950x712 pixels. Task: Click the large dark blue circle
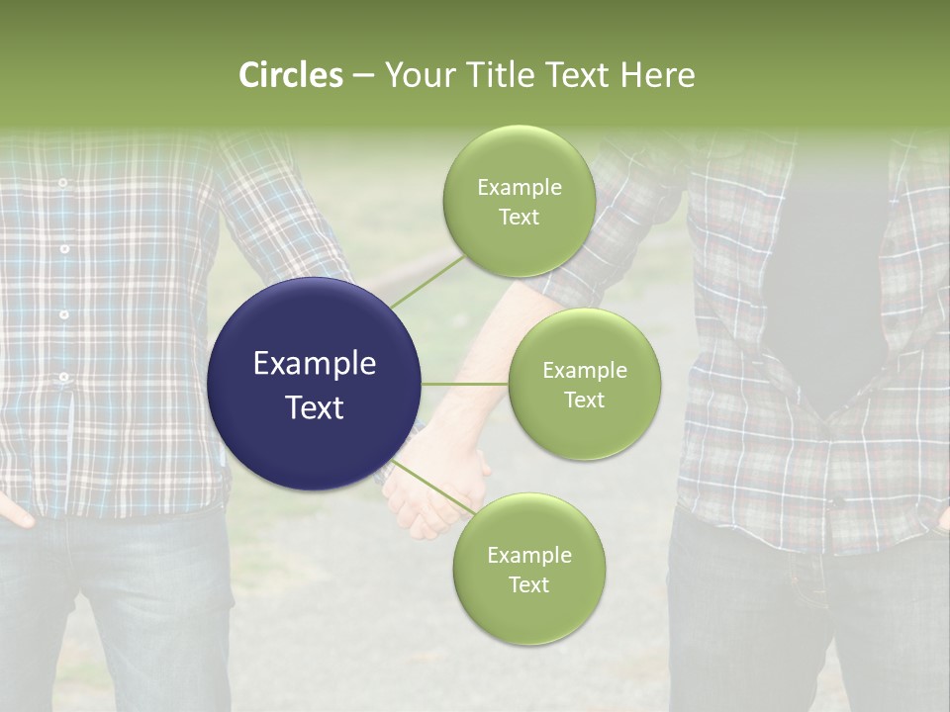point(315,384)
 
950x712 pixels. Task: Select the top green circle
point(519,202)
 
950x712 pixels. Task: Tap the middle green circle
point(584,384)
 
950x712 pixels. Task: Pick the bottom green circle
point(528,569)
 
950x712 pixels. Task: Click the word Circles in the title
point(290,74)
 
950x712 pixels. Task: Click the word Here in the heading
point(659,74)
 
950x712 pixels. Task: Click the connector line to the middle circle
point(465,384)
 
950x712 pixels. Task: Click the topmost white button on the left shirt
point(62,183)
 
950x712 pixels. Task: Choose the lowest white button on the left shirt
point(64,377)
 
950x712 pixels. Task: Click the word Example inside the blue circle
point(315,363)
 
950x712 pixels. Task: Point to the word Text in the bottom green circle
point(528,584)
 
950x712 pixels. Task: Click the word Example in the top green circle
point(519,187)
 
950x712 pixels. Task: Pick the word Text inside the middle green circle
point(584,400)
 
